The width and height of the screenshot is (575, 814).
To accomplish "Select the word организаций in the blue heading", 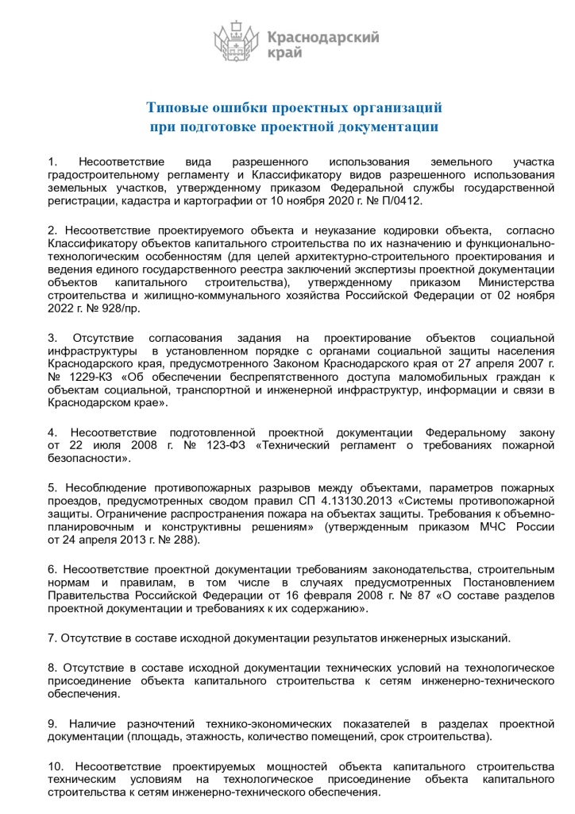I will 394,107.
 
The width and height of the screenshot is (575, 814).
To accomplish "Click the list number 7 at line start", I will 52,638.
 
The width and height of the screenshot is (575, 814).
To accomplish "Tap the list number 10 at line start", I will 56,766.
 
